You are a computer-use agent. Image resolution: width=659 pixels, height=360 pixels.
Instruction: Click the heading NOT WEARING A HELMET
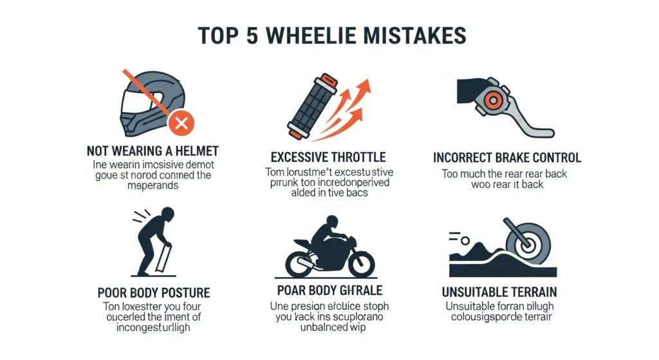point(153,152)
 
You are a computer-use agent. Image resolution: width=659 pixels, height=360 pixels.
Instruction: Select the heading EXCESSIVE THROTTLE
point(328,157)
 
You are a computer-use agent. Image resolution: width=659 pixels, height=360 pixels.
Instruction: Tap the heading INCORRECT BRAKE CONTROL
point(507,158)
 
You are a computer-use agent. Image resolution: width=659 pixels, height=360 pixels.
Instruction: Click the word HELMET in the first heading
point(196,152)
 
